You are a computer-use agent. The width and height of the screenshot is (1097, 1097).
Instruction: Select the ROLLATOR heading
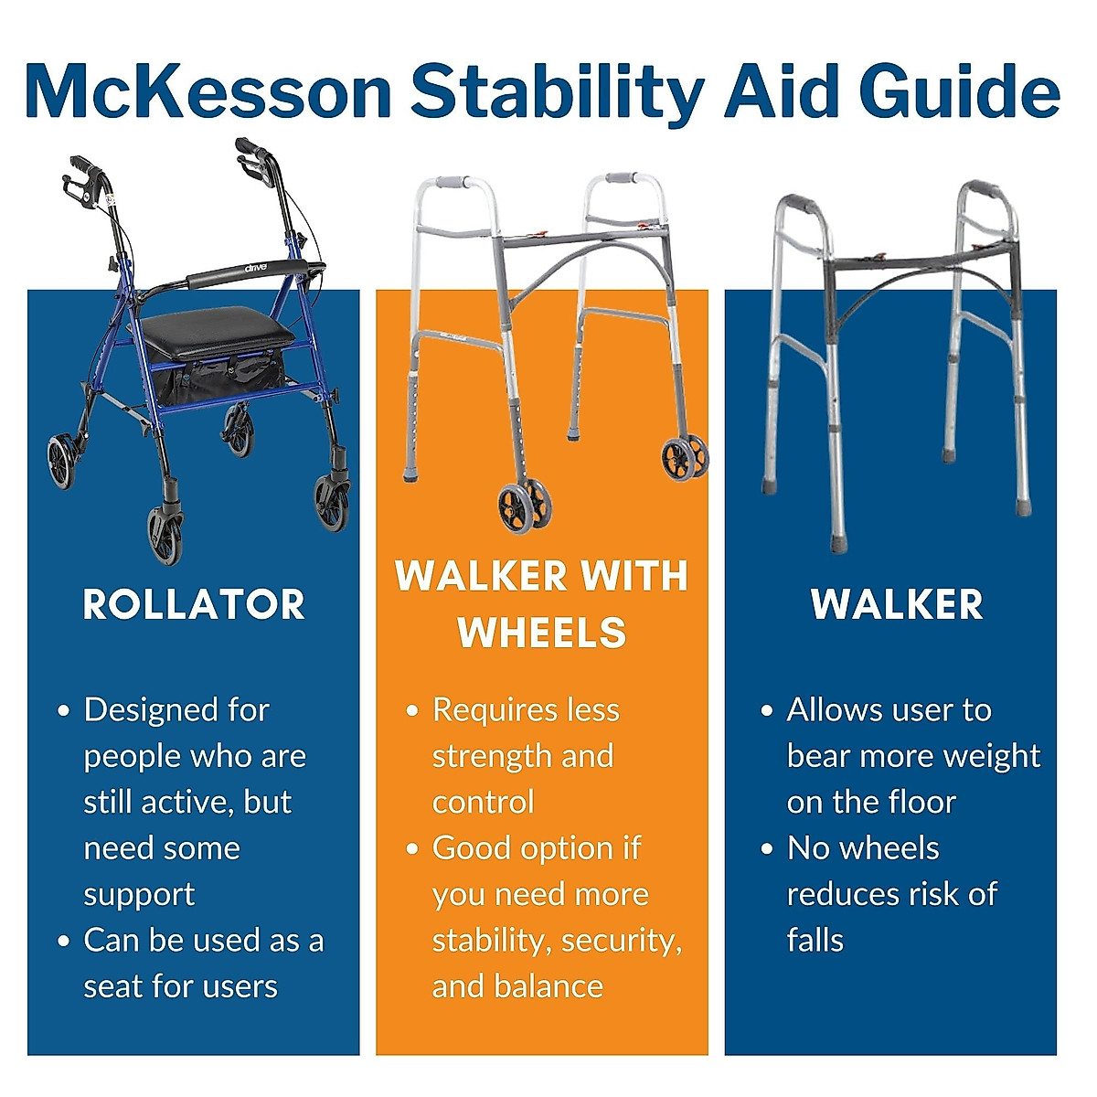[x=194, y=605]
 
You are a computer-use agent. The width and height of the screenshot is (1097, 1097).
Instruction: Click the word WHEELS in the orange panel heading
[x=542, y=633]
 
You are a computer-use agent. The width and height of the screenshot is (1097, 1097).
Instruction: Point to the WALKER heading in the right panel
[x=897, y=605]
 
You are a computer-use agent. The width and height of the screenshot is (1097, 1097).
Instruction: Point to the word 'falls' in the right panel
[x=815, y=941]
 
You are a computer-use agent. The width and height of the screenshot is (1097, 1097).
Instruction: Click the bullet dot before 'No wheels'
[x=767, y=848]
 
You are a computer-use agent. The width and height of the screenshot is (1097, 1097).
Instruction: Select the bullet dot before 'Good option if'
[x=412, y=848]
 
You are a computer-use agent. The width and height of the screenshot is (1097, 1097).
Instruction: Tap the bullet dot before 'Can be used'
[x=63, y=941]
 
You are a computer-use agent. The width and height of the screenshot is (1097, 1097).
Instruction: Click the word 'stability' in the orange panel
[x=489, y=941]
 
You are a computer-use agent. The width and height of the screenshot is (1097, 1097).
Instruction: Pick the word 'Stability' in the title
[x=558, y=91]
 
